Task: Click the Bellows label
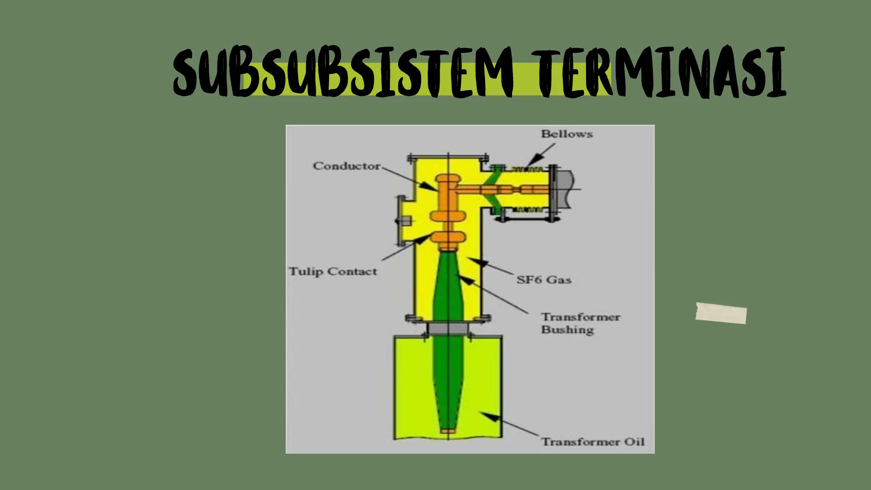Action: [566, 134]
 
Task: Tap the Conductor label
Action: [346, 166]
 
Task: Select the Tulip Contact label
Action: [333, 271]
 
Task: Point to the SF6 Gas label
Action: [544, 280]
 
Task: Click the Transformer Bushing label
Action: [580, 323]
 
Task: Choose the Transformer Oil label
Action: [592, 442]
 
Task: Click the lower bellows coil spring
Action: [527, 209]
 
